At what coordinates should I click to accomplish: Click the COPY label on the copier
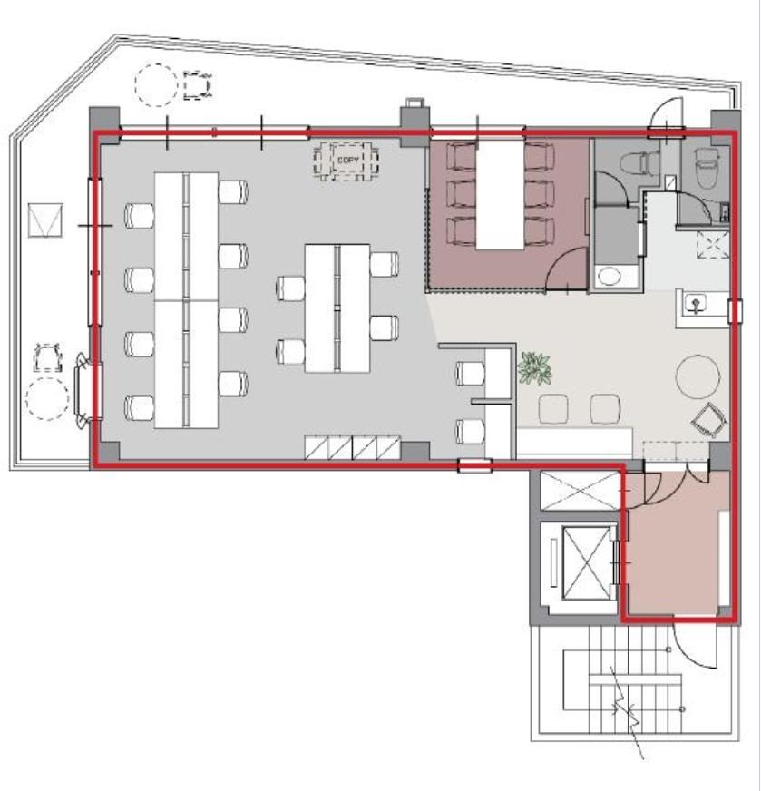click(x=348, y=161)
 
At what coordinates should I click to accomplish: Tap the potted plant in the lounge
click(x=534, y=367)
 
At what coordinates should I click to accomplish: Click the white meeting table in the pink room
click(x=499, y=195)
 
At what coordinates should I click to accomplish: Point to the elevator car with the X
click(x=587, y=563)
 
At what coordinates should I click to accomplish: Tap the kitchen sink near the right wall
click(x=696, y=304)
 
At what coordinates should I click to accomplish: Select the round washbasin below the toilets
click(x=610, y=277)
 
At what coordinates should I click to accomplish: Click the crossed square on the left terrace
click(x=45, y=220)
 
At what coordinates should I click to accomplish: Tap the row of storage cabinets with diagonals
click(x=353, y=447)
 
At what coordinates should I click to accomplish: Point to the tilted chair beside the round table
click(x=710, y=419)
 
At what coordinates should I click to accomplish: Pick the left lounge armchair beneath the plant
click(x=553, y=408)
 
